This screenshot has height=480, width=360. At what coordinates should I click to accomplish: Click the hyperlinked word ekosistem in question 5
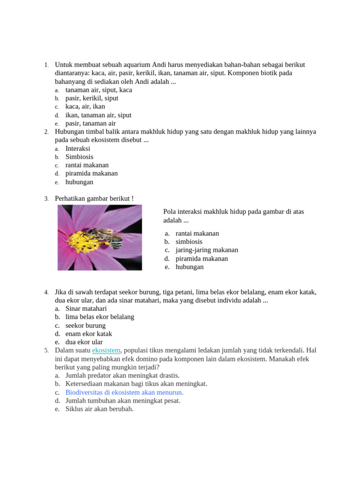click(106, 351)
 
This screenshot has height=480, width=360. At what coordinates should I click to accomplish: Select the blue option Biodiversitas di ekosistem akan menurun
click(124, 392)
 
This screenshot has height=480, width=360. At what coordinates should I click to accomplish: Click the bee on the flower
click(104, 237)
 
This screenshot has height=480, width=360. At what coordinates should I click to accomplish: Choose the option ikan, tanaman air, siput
click(98, 115)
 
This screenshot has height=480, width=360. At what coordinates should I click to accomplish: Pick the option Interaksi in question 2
click(78, 149)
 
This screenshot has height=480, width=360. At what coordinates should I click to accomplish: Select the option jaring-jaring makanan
click(207, 250)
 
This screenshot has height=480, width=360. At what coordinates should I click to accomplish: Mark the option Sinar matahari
click(86, 309)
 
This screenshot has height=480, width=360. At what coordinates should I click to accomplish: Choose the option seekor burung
click(85, 326)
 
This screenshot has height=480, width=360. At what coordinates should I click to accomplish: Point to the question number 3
click(46, 199)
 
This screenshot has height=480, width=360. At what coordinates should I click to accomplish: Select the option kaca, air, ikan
click(85, 107)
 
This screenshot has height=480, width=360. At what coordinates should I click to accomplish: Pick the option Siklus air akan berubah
click(99, 409)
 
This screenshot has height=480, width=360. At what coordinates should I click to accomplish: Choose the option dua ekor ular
click(84, 343)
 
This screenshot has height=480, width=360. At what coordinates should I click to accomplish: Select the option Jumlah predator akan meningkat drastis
click(122, 375)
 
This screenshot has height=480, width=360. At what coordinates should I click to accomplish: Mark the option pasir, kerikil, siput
click(91, 98)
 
